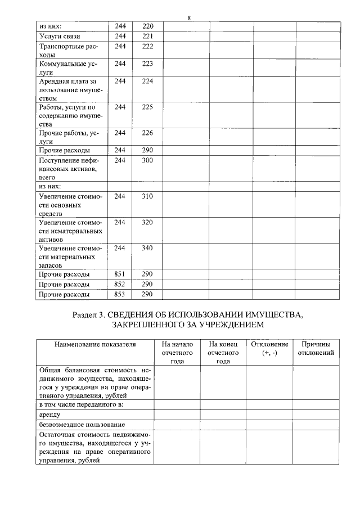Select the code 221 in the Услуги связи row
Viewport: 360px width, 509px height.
147,37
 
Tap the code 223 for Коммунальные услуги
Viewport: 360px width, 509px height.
147,64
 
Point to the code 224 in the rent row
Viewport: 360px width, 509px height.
147,81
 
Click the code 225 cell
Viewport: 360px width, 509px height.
147,107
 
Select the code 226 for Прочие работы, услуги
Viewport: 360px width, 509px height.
147,133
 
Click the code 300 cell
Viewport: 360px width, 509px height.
147,160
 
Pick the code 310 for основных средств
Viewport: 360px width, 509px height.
147,196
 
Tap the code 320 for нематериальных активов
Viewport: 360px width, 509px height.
147,222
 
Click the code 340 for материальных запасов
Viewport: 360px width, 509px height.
147,248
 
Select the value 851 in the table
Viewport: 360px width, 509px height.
119,274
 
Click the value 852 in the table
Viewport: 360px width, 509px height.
119,284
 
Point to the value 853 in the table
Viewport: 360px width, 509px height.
119,294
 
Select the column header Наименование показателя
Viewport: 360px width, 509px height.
95,344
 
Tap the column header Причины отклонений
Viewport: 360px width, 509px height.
316,348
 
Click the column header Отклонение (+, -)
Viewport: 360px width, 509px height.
269,348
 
